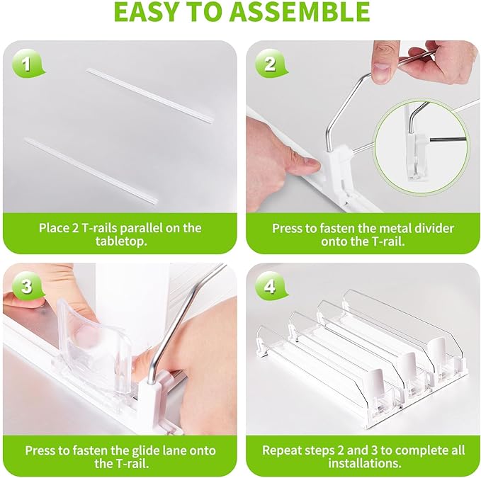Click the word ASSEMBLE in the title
[300, 11]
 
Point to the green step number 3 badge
[28, 287]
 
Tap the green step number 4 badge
[271, 287]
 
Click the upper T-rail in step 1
[150, 96]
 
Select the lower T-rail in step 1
[91, 171]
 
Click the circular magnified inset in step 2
[422, 147]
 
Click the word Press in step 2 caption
[287, 229]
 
